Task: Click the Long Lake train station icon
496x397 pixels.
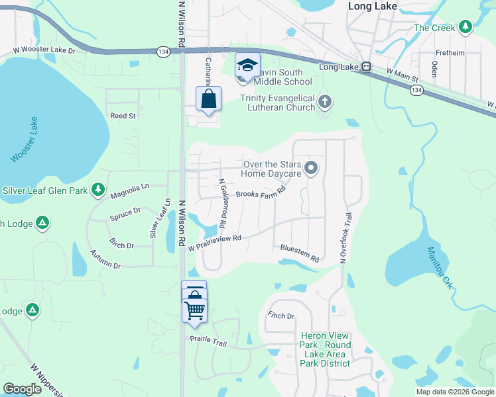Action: click(x=365, y=67)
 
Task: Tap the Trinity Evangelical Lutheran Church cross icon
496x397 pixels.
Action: click(x=324, y=101)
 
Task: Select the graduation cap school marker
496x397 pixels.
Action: click(x=247, y=66)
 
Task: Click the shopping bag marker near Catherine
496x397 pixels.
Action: click(x=208, y=99)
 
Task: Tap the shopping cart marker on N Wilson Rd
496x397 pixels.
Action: click(x=194, y=309)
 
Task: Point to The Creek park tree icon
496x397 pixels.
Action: click(x=465, y=27)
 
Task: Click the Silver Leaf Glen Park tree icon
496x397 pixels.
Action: click(x=98, y=191)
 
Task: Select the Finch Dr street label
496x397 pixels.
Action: click(x=280, y=316)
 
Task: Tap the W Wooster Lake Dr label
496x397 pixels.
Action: click(x=45, y=50)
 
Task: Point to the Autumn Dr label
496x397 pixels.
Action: click(x=106, y=260)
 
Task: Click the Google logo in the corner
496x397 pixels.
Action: click(x=22, y=389)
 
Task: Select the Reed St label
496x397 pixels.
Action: click(x=123, y=115)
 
